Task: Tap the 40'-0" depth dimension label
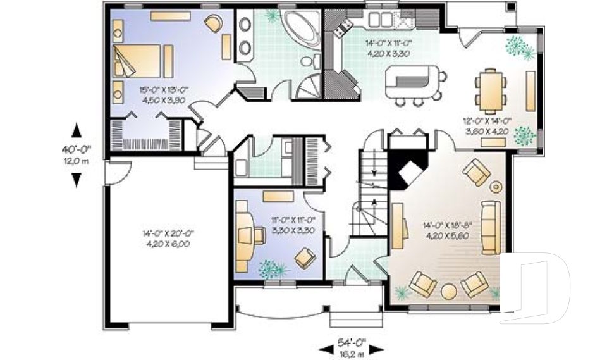coord(77,149)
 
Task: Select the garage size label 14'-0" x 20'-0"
coord(168,233)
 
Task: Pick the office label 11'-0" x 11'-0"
coord(293,220)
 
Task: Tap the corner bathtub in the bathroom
coord(298,27)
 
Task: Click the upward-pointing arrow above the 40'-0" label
coord(77,130)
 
